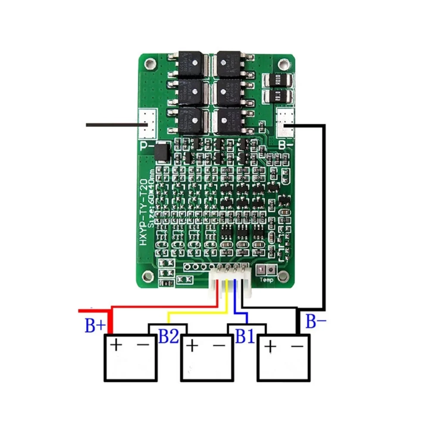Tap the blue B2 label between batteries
click(x=169, y=336)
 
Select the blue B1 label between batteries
click(x=245, y=336)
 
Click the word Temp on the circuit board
click(x=266, y=280)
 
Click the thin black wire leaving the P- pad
click(x=112, y=125)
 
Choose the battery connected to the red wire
click(x=129, y=358)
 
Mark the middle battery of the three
click(x=206, y=358)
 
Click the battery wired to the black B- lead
click(x=284, y=358)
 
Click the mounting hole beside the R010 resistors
click(x=283, y=64)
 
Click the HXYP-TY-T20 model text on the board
click(x=144, y=219)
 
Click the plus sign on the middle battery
click(x=193, y=345)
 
